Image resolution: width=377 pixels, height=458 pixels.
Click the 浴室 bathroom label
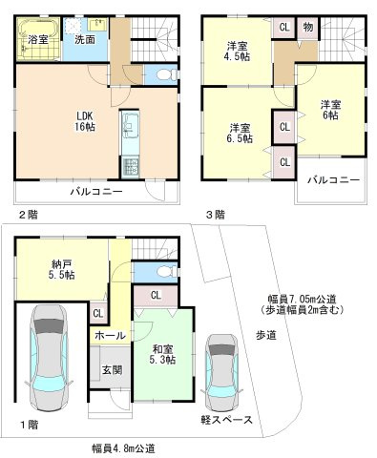click(38, 40)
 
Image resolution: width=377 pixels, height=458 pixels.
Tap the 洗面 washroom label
click(85, 40)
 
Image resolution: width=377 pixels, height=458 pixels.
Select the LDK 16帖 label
click(85, 121)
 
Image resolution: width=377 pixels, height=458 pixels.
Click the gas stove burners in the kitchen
click(131, 167)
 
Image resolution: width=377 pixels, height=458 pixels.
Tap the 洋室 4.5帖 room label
click(238, 52)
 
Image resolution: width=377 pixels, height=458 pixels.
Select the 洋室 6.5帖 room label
click(241, 134)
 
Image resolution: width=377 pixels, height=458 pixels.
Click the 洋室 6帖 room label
click(330, 110)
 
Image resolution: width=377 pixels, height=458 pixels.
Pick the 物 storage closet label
click(308, 28)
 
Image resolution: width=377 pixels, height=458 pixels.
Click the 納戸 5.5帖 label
click(62, 270)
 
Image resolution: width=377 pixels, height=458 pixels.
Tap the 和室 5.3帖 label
click(163, 355)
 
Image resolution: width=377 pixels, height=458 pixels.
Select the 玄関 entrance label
click(112, 370)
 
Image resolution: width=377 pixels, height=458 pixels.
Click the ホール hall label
click(110, 335)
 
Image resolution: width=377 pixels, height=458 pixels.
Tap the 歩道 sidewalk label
click(266, 335)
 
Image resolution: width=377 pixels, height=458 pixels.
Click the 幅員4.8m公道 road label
click(123, 448)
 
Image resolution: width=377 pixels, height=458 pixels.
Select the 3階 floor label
click(216, 216)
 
